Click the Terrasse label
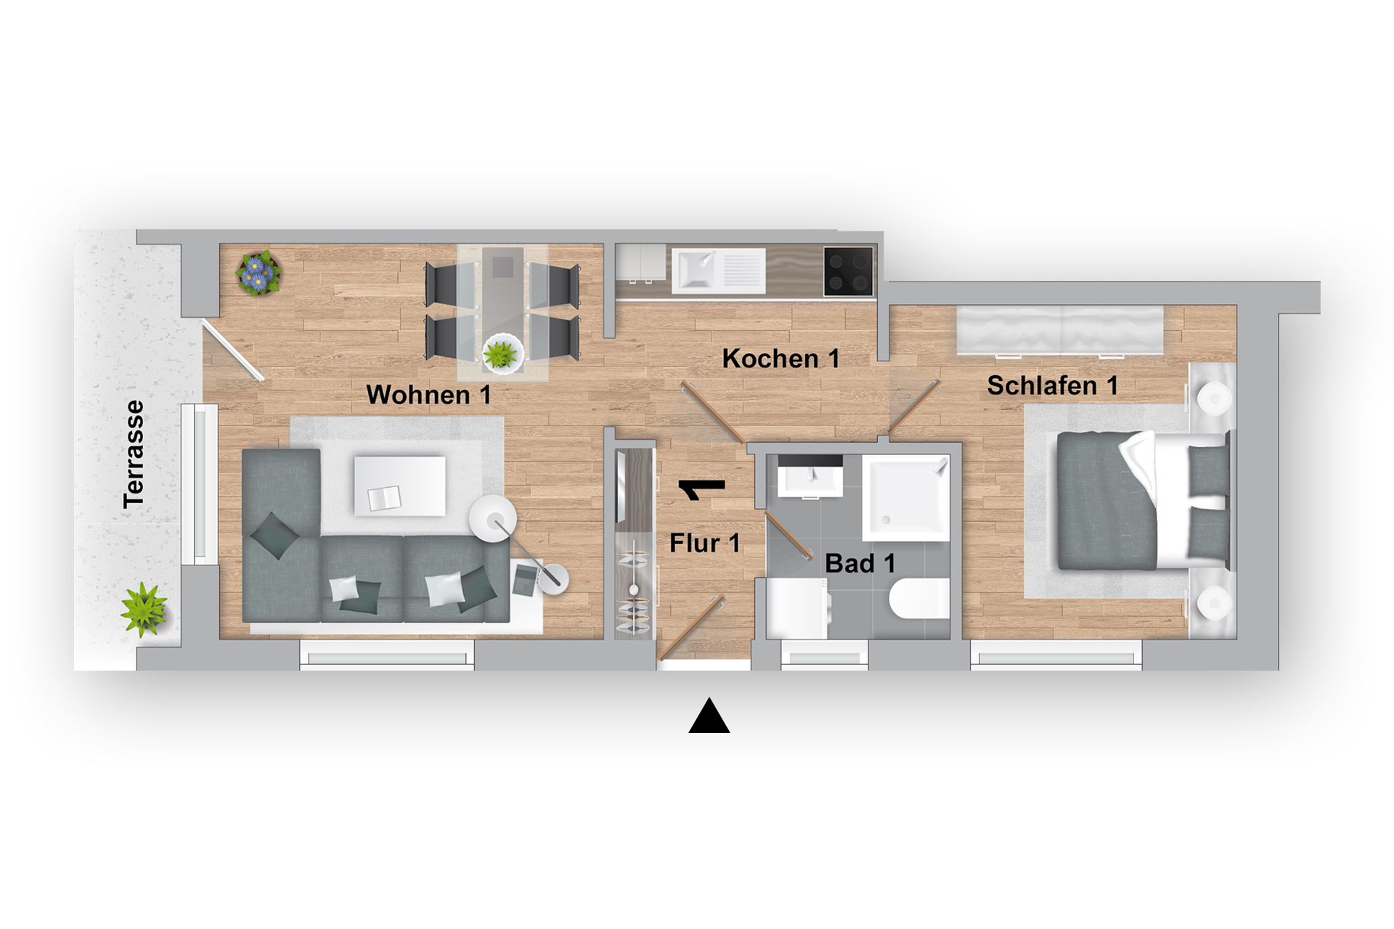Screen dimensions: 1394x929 [x=134, y=454]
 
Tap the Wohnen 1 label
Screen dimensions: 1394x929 [x=428, y=395]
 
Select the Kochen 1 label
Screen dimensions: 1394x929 [x=780, y=359]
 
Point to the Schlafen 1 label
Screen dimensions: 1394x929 [x=1052, y=385]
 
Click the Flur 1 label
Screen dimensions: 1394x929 [x=704, y=543]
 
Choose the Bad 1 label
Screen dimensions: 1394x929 [x=860, y=563]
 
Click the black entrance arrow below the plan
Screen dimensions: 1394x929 [x=709, y=716]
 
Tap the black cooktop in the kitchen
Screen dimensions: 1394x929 [x=848, y=271]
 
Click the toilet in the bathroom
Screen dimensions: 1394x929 [x=919, y=598]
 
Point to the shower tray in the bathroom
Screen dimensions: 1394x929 [x=906, y=498]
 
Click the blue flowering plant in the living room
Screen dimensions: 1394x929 [x=258, y=273]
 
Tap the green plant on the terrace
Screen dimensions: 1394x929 [x=144, y=609]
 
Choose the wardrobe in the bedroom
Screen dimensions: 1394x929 [x=1060, y=331]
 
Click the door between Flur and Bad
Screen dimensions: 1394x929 [x=788, y=536]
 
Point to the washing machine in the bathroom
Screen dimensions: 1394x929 [x=798, y=609]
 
